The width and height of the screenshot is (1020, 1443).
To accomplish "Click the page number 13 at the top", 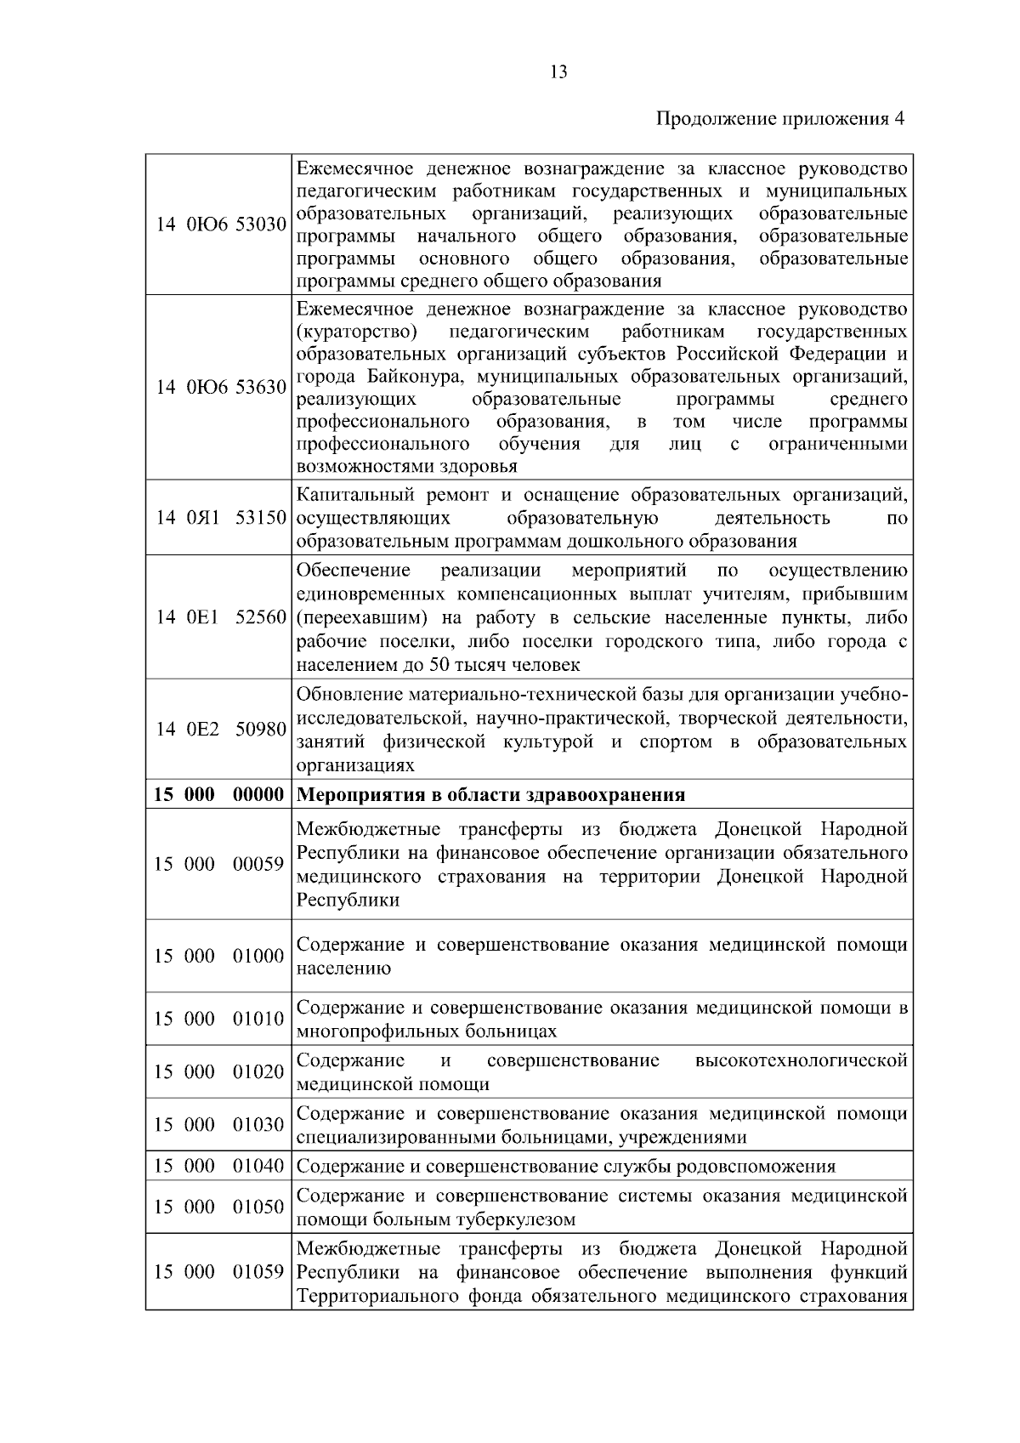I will point(558,72).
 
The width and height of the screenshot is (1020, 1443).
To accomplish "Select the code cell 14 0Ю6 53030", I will point(219,224).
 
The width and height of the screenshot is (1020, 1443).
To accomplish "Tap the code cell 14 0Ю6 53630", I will point(219,388).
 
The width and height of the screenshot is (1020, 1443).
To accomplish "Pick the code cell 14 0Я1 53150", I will point(219,518).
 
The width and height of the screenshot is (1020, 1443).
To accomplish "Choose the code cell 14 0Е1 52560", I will point(219,617).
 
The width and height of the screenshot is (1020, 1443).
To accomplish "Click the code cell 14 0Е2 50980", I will point(219,730).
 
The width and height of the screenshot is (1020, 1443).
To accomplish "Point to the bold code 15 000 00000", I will point(219,795).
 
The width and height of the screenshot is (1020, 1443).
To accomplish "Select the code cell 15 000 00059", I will point(219,864).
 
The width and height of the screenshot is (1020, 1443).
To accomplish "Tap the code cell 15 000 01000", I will point(219,956).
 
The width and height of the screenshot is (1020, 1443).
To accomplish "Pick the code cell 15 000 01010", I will point(219,1019).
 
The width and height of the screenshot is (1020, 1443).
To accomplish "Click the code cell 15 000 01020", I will point(219,1071).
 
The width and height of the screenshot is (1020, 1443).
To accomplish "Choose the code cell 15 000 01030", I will point(219,1125).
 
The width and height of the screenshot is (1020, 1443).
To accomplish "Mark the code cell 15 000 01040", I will point(219,1166).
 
